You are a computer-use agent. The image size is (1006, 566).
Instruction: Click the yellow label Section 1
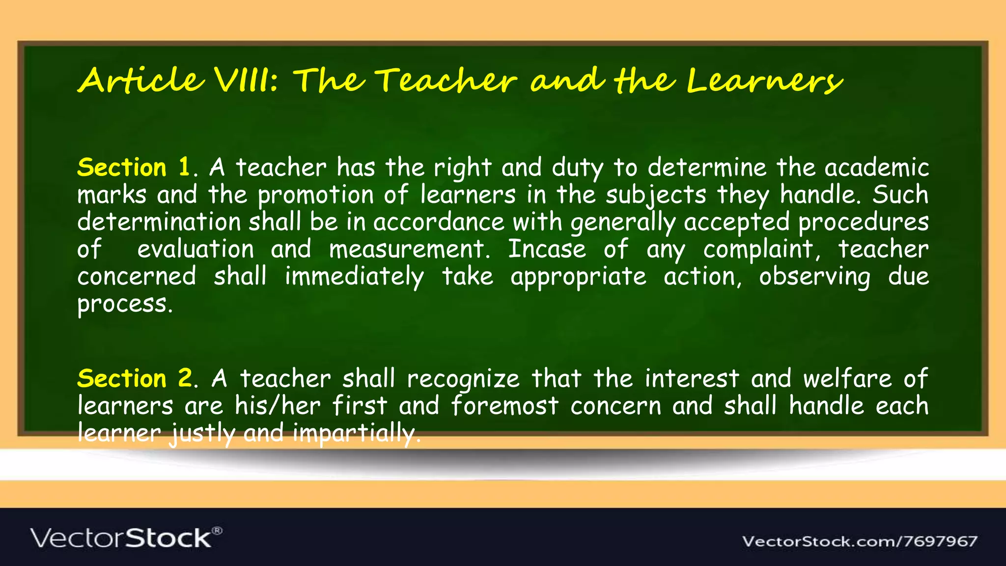tap(134, 167)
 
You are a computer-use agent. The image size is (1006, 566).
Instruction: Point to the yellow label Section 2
tap(135, 378)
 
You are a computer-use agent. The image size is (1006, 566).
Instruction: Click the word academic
tap(876, 168)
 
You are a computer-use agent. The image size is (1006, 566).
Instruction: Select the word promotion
tap(316, 195)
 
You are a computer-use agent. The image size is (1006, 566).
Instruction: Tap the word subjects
tap(656, 195)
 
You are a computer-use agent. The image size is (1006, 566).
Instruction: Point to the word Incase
tap(547, 249)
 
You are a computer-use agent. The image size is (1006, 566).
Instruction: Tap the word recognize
tap(463, 379)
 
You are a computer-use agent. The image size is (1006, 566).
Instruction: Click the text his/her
tap(278, 406)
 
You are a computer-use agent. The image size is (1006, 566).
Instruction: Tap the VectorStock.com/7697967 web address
tap(860, 541)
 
